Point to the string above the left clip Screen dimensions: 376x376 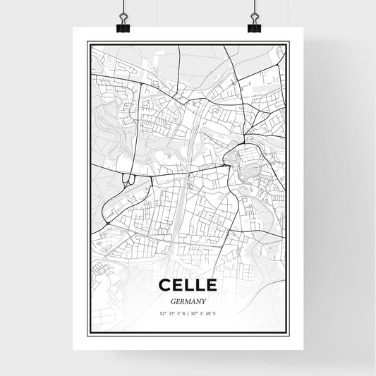[123, 6]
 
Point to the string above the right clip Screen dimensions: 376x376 [254, 6]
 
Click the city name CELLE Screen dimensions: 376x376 [188, 286]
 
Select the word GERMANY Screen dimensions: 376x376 [188, 300]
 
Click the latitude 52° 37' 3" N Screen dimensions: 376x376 [170, 314]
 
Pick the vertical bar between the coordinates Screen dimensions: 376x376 [188, 314]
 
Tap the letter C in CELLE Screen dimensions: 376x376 [164, 286]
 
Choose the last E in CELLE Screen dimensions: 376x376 [211, 286]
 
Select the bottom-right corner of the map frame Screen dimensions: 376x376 [289, 334]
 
